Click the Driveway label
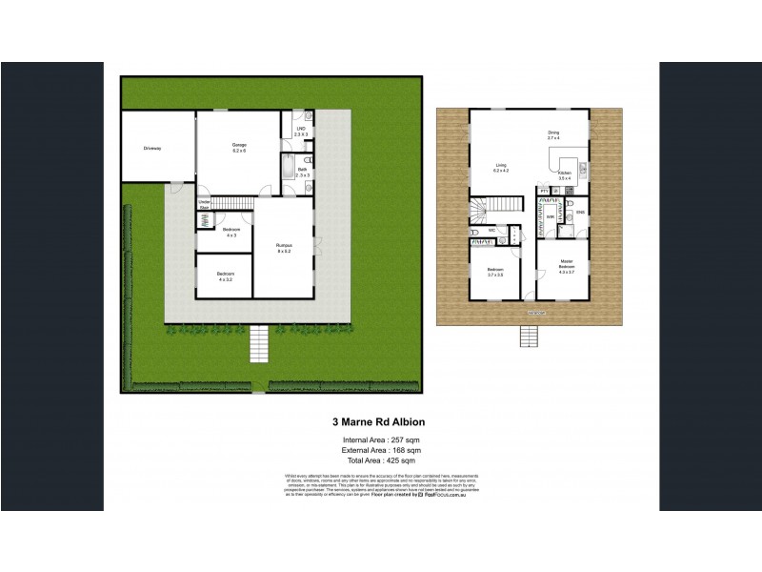[x=152, y=149]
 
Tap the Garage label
[x=239, y=148]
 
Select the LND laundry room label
[x=300, y=133]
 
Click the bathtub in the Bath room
[x=287, y=172]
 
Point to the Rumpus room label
[x=284, y=248]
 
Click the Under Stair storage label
[x=204, y=203]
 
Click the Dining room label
[x=553, y=135]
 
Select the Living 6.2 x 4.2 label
[x=501, y=169]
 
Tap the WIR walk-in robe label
[x=549, y=216]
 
